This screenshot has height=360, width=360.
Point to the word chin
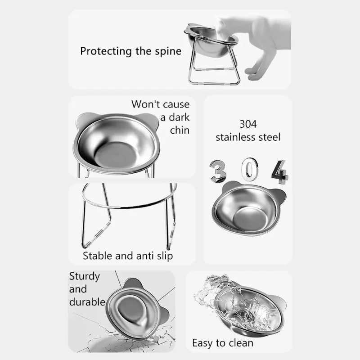click(180, 130)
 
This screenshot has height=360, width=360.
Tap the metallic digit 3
click(219, 172)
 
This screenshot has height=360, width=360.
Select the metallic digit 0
click(248, 169)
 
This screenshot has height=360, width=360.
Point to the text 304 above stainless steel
click(248, 123)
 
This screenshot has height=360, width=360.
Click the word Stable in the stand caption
click(98, 256)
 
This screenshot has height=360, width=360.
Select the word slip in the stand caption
click(163, 256)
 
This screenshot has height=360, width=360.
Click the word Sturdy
click(85, 276)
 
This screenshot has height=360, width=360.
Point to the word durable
click(87, 301)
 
